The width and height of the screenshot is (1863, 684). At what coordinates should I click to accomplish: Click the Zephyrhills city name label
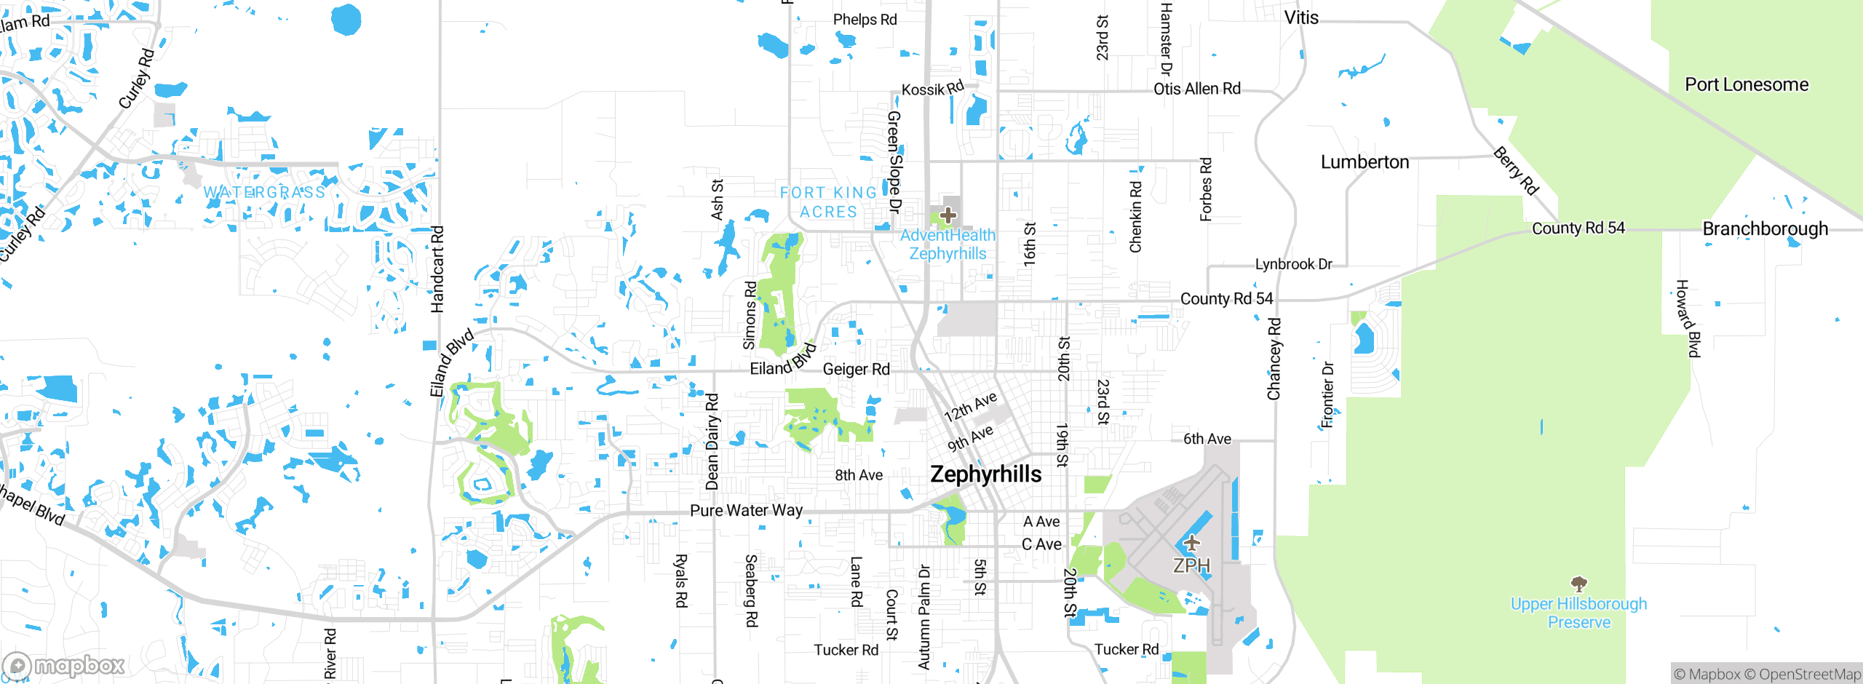tap(986, 474)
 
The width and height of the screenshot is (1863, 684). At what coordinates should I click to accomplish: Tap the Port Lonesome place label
tap(1747, 84)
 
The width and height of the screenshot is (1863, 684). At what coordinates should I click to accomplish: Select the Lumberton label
tap(1365, 162)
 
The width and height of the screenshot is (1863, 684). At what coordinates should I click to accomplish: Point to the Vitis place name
tap(1301, 17)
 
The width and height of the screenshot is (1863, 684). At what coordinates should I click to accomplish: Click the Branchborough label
tap(1765, 228)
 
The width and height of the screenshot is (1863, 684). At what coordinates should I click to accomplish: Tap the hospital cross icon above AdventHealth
tap(948, 215)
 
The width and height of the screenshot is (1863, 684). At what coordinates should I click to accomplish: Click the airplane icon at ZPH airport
tap(1191, 542)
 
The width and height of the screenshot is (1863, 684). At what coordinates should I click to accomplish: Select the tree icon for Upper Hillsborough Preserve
tap(1578, 584)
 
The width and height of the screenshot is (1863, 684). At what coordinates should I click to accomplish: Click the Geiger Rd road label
tap(856, 369)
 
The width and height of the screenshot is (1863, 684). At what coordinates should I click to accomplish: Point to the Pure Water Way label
tap(746, 510)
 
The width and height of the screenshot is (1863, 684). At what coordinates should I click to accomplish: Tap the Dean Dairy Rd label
tap(712, 442)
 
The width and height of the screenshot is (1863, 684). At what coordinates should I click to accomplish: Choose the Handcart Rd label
tap(437, 269)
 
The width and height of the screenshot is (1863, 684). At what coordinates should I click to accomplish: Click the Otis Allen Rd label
tap(1196, 89)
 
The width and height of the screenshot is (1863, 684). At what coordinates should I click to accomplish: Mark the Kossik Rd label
tap(932, 89)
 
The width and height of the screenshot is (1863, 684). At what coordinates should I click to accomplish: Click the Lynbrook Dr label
tap(1293, 264)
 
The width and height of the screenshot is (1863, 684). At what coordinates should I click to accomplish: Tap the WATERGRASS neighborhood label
tap(264, 192)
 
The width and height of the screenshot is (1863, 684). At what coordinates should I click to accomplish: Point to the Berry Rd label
tap(1516, 171)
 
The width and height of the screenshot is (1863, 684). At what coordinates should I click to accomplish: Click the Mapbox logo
tap(64, 665)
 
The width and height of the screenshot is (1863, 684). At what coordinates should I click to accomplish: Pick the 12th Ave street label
tap(970, 407)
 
